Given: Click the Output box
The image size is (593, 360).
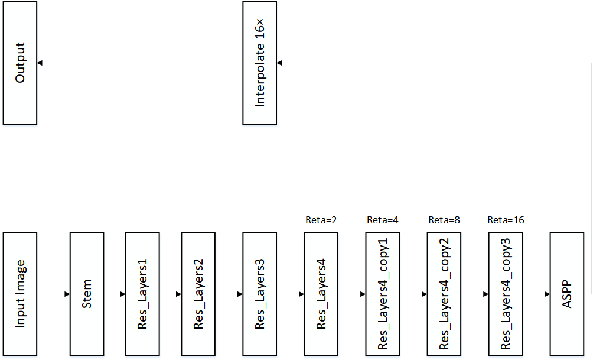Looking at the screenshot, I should [20, 63].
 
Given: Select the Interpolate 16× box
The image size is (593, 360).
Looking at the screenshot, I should [260, 63].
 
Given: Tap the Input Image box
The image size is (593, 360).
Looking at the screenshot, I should [20, 294].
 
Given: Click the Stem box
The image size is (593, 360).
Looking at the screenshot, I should [87, 294].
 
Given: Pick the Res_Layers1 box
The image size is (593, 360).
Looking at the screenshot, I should [142, 294].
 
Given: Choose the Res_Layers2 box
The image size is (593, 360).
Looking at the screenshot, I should [198, 294].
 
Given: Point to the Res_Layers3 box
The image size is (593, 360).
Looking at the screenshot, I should [260, 294].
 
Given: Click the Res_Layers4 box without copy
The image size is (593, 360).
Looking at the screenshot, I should [321, 294].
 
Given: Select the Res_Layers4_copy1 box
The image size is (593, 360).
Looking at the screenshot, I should [383, 294].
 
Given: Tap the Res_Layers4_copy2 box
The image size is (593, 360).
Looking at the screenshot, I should [444, 294].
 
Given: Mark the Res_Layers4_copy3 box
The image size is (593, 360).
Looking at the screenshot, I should [506, 294].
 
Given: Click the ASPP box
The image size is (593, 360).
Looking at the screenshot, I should [567, 294].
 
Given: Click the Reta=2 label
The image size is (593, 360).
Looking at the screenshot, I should [321, 220].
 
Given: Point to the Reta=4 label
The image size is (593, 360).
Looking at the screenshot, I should [383, 220].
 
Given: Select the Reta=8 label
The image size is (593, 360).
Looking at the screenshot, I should [444, 220].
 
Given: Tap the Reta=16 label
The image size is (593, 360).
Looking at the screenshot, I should [506, 220].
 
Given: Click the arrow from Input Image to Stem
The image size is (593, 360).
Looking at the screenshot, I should [53, 294].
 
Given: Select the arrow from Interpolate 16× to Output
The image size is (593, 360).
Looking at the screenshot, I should [140, 63].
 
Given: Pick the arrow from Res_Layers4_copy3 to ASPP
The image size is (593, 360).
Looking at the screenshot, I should [536, 294].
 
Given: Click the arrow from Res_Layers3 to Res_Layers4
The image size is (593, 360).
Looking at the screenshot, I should [291, 294].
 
